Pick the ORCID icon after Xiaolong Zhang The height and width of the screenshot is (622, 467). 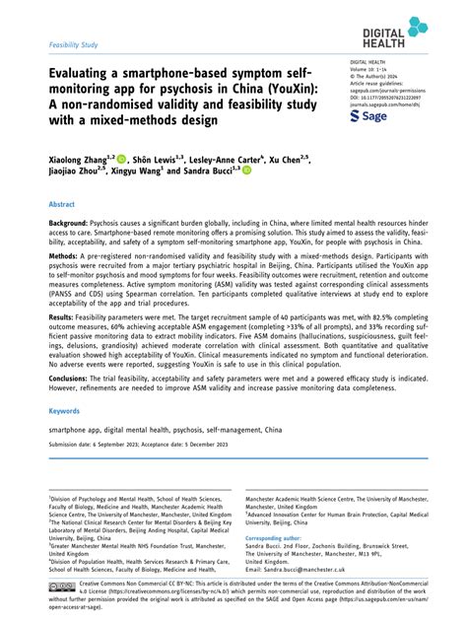click(x=121, y=158)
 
